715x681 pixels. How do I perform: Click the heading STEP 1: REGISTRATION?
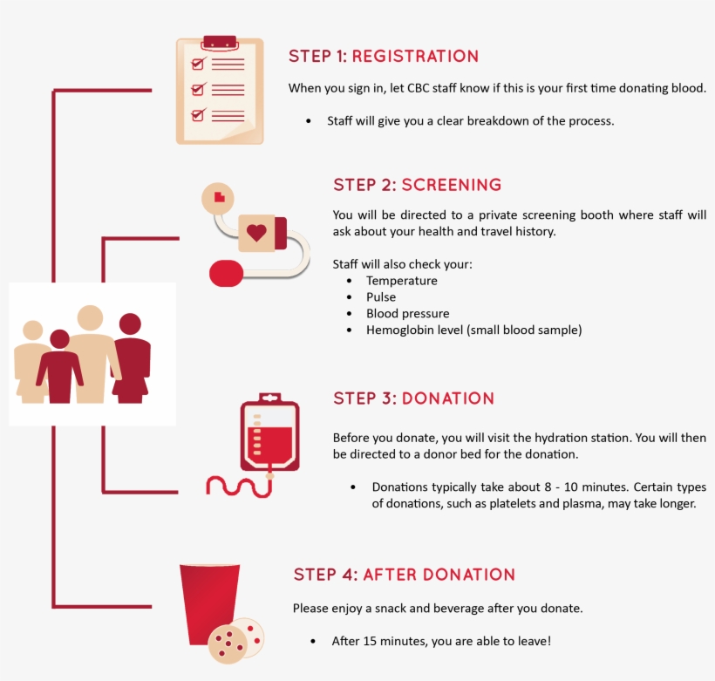tap(384, 57)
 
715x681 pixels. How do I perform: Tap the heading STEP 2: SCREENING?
tap(417, 185)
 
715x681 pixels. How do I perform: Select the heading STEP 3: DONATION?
tap(413, 398)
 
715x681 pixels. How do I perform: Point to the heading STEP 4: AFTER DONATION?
tap(404, 575)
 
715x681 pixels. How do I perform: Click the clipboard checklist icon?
tap(219, 91)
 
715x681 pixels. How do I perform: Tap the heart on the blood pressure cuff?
tap(256, 233)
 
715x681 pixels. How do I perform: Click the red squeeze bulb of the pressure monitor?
tap(226, 273)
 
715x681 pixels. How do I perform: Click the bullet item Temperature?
tap(401, 281)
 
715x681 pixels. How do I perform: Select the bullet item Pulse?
tap(381, 297)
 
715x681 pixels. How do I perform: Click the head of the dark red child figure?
tap(59, 338)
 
